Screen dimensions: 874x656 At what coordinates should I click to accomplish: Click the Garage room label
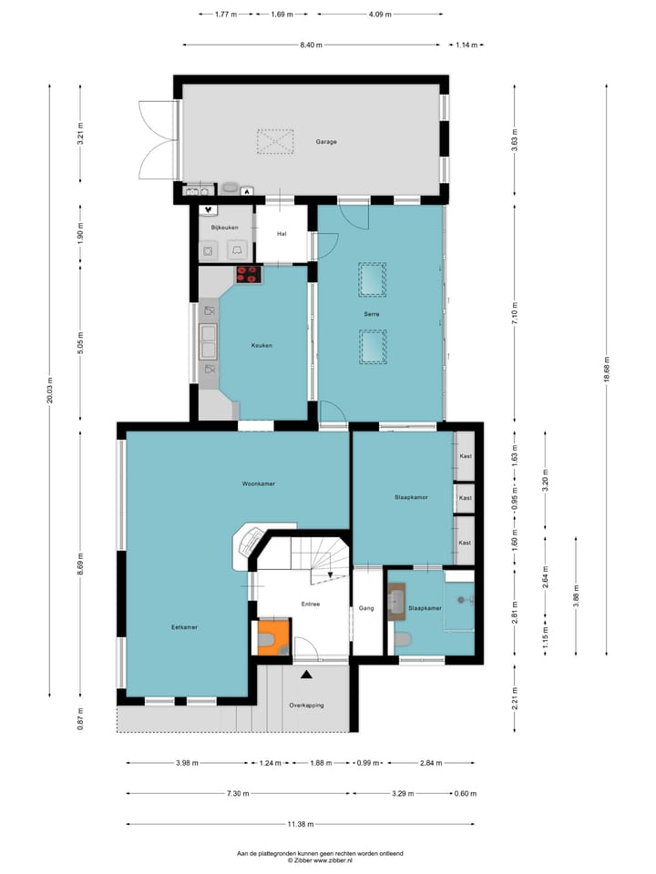(x=326, y=142)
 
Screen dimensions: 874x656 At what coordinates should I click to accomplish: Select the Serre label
(x=371, y=314)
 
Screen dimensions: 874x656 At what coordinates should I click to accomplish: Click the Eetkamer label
(x=184, y=627)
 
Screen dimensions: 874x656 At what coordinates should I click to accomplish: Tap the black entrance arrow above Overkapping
(x=307, y=675)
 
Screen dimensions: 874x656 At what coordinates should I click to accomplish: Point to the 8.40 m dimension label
(x=312, y=45)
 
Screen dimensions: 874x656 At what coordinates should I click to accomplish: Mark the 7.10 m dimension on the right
(x=515, y=312)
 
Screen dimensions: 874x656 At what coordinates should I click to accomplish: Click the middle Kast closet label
(x=465, y=498)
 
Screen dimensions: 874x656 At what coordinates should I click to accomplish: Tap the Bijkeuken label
(x=223, y=227)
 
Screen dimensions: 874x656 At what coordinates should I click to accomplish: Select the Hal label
(x=282, y=233)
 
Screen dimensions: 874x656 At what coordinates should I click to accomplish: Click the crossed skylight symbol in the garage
(x=275, y=142)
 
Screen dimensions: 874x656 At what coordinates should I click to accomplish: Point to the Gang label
(x=367, y=608)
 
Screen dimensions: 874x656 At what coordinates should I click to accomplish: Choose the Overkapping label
(x=307, y=706)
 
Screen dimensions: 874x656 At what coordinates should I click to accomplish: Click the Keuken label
(x=261, y=346)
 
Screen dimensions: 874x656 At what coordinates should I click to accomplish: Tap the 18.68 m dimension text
(x=608, y=369)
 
